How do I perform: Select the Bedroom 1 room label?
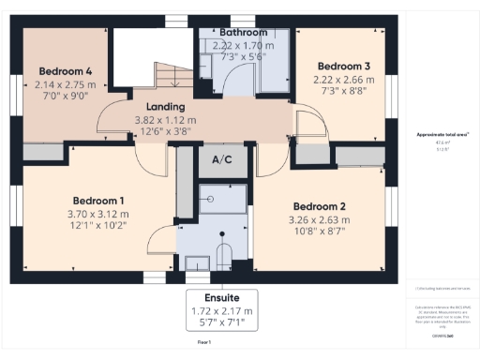click(x=99, y=201)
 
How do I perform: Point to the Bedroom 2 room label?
click(x=320, y=206)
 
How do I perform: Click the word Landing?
click(x=165, y=107)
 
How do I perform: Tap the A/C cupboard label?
click(x=222, y=160)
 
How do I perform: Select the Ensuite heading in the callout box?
click(x=222, y=296)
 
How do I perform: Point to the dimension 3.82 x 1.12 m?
click(x=165, y=120)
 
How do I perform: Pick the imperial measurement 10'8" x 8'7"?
click(x=320, y=232)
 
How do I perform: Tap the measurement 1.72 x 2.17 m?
click(x=222, y=309)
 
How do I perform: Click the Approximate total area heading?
click(x=443, y=135)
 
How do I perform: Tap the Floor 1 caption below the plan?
click(x=204, y=344)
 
